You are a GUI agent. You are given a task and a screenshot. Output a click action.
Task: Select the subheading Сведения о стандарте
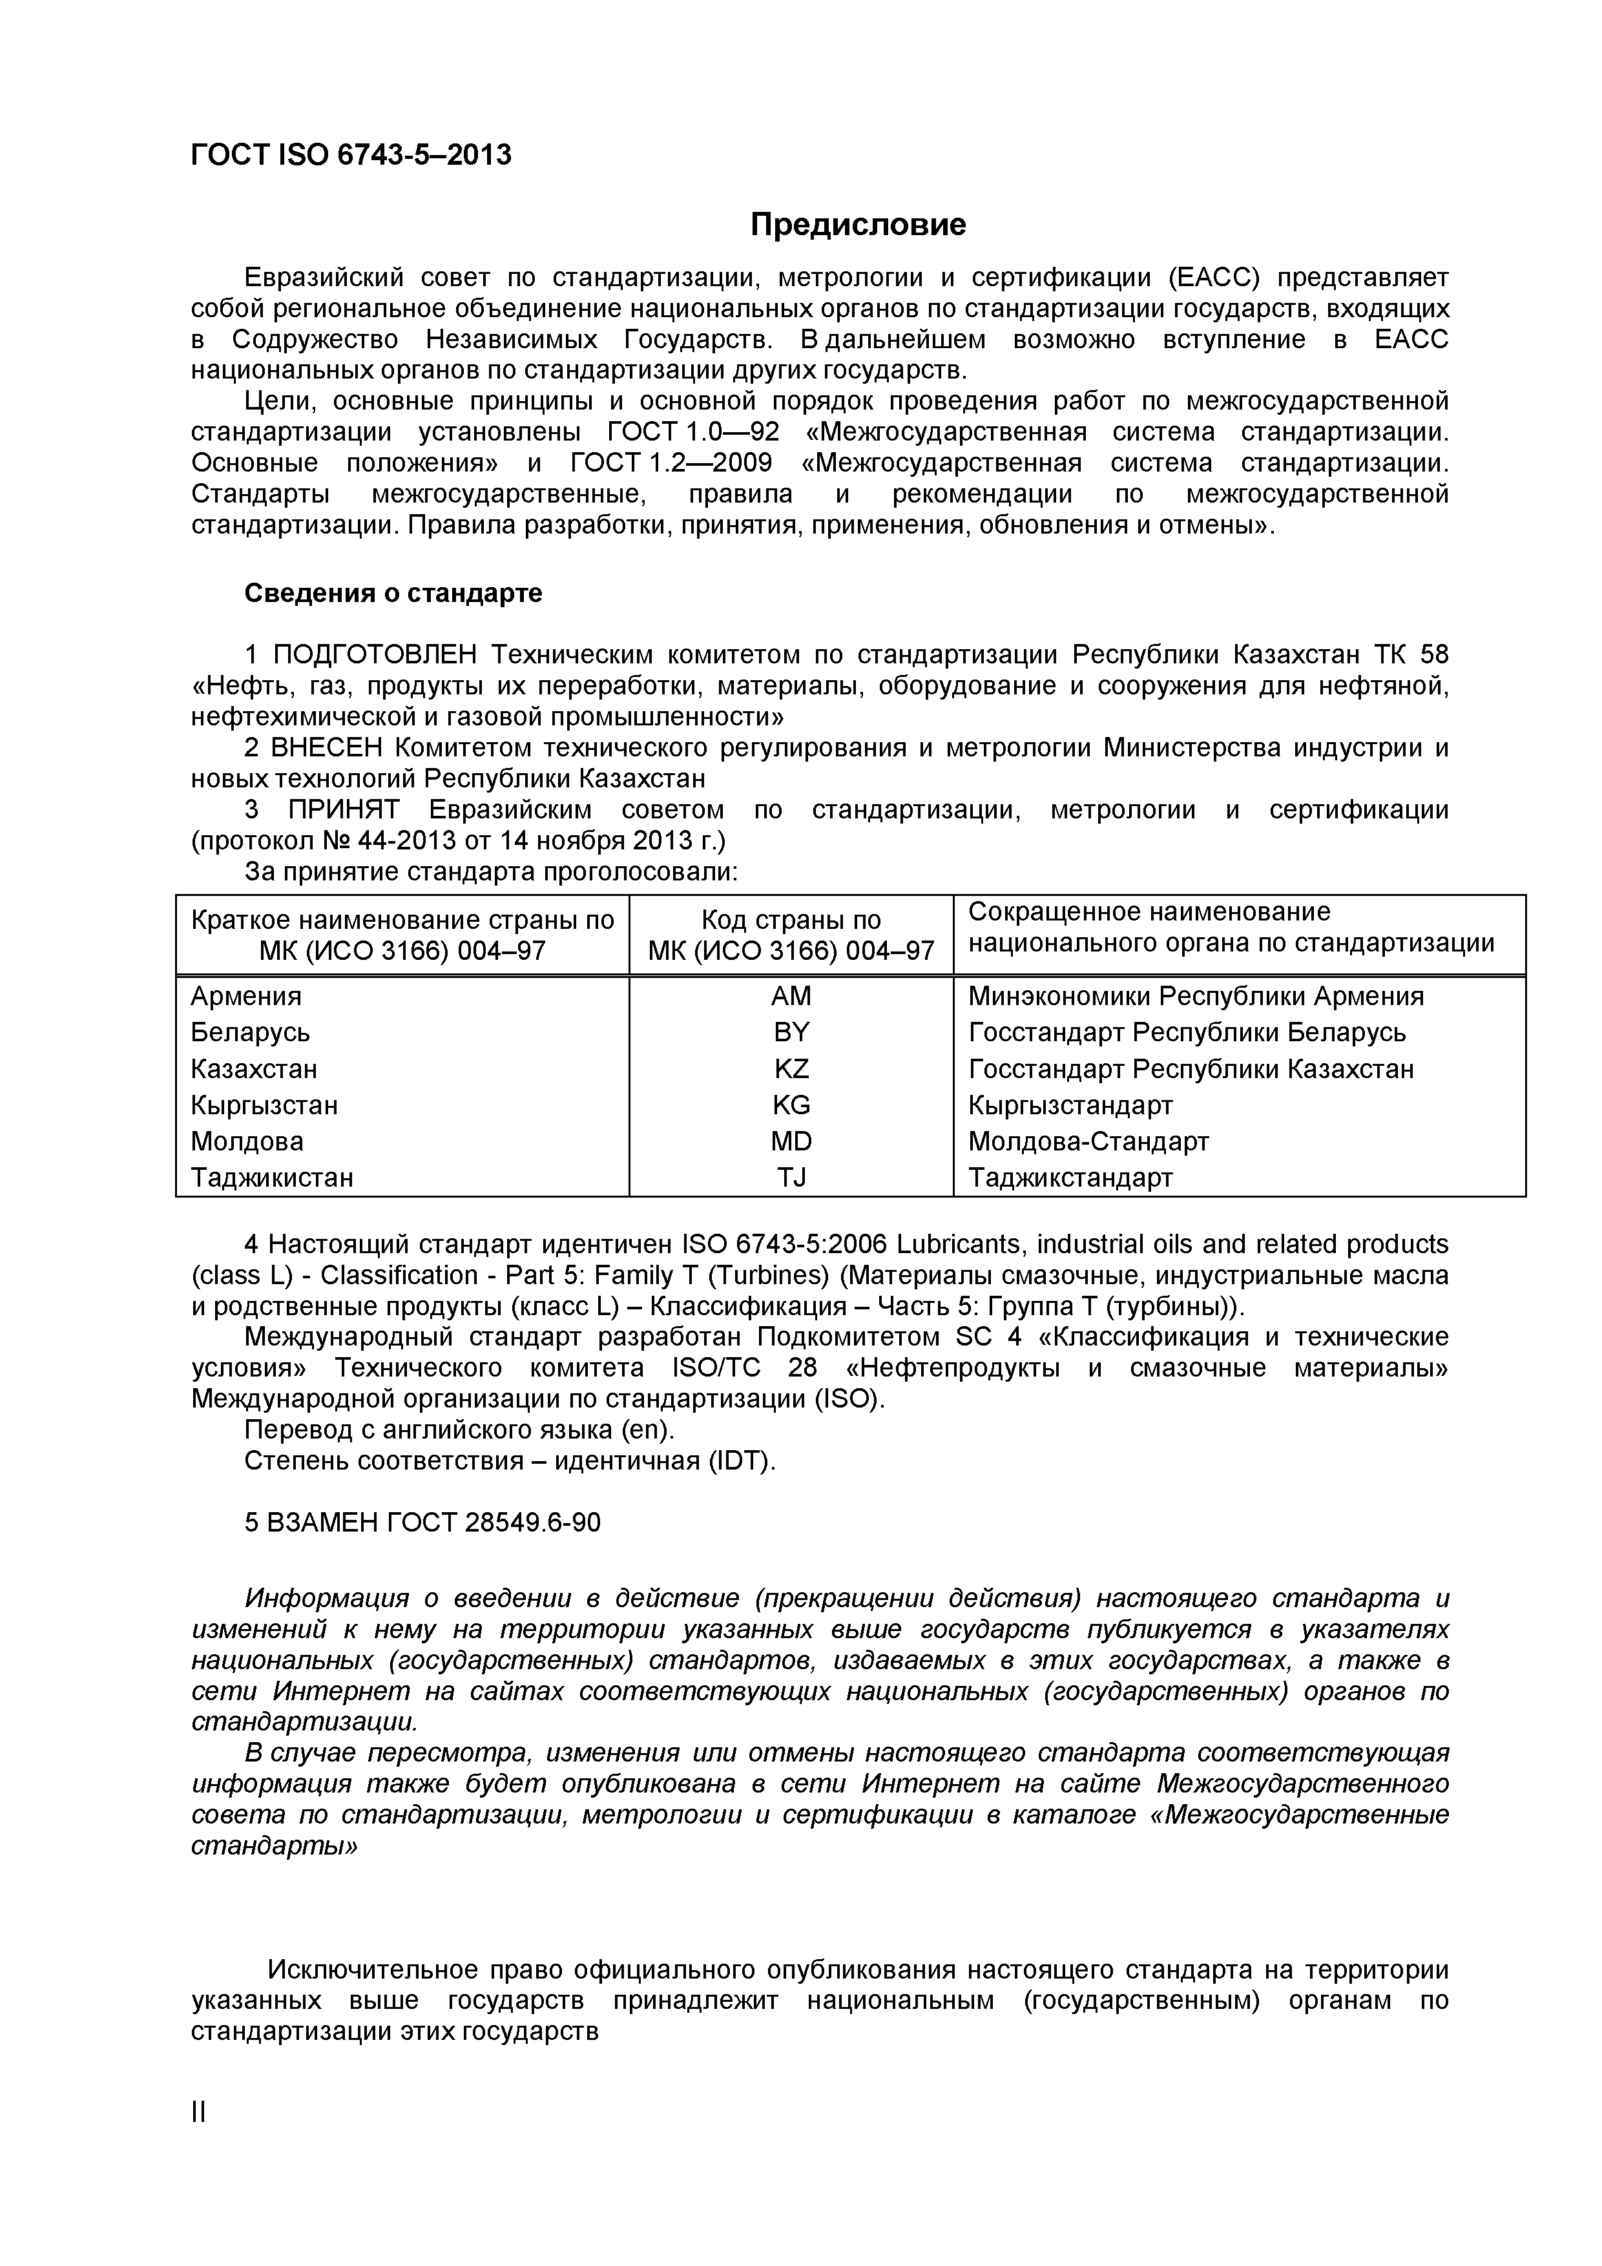pos(393,593)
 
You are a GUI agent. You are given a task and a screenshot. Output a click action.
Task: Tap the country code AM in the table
pos(791,996)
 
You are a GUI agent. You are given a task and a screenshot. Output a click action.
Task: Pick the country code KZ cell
pos(791,1069)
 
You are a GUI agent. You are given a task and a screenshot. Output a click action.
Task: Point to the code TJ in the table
pos(791,1178)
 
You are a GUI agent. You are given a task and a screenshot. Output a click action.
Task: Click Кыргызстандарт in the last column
pos(1070,1105)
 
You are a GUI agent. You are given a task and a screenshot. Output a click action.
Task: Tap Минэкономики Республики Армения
pos(1195,996)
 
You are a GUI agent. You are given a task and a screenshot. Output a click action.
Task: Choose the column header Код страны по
pos(791,920)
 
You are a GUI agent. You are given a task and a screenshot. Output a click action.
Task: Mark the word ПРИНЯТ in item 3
pos(344,809)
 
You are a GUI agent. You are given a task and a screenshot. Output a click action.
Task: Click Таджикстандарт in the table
pos(1070,1178)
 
